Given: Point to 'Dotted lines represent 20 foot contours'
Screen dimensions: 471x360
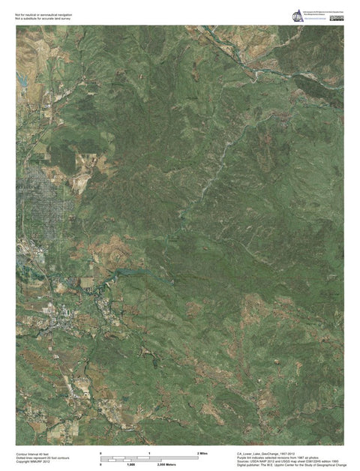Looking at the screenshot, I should (42, 457).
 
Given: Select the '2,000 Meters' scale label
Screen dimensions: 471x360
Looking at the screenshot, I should (166, 466).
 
